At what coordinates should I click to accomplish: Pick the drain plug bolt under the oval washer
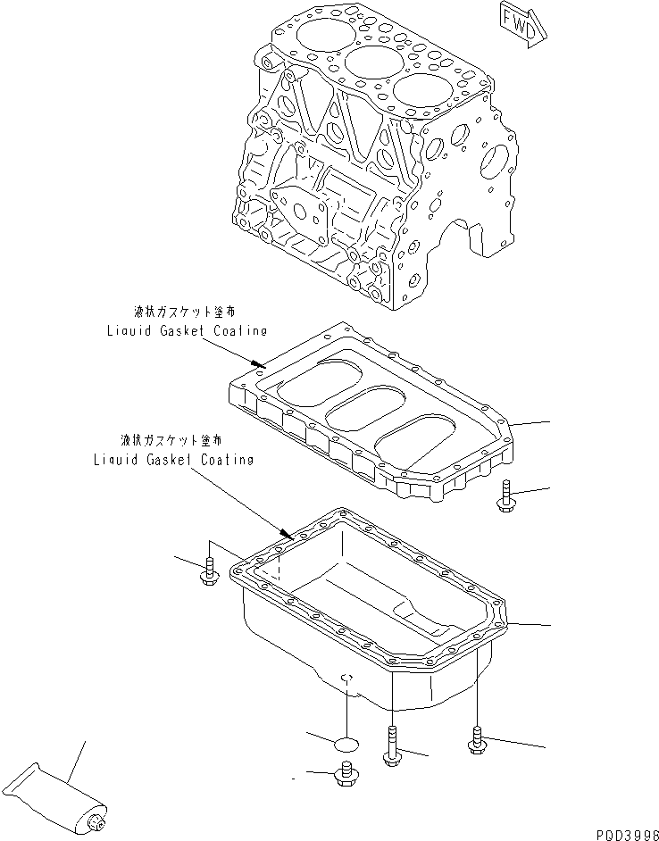pos(344,776)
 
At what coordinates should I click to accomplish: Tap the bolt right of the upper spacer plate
pos(505,495)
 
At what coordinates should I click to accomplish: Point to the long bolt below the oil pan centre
pos(391,746)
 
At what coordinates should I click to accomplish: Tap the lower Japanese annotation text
pos(171,441)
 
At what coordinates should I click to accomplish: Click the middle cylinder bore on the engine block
pos(370,63)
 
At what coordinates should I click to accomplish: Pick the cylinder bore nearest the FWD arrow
pos(419,93)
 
